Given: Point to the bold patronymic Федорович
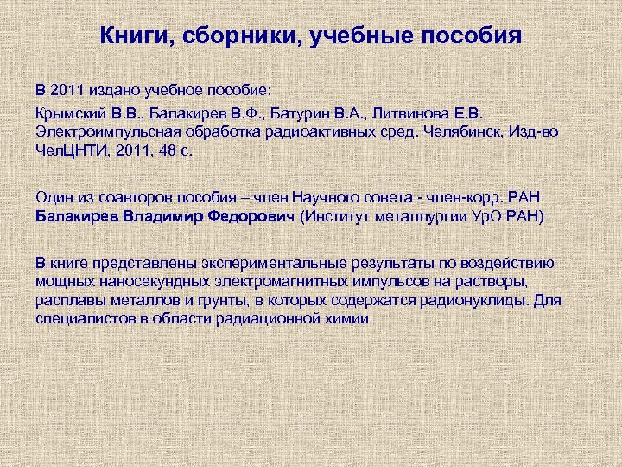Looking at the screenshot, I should point(250,215).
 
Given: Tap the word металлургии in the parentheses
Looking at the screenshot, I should point(419,215).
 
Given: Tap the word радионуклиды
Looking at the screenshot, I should point(476,301).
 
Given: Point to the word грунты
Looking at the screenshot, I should point(198,301).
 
